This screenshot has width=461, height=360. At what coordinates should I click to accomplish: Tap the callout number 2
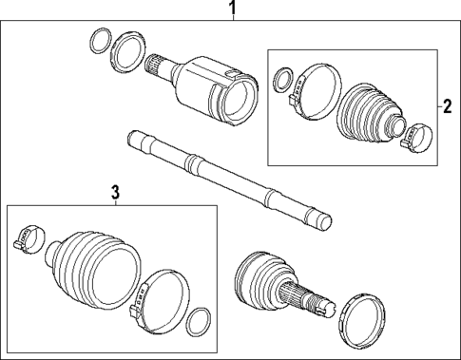[444, 106]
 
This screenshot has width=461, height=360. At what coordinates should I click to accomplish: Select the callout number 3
[115, 193]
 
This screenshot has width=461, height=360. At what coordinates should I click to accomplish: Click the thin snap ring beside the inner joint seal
[98, 41]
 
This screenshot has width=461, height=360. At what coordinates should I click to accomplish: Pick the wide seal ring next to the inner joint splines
[125, 50]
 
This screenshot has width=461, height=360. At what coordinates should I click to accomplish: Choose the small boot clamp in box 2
[413, 139]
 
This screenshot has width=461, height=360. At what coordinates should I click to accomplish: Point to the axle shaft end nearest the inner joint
[138, 142]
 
